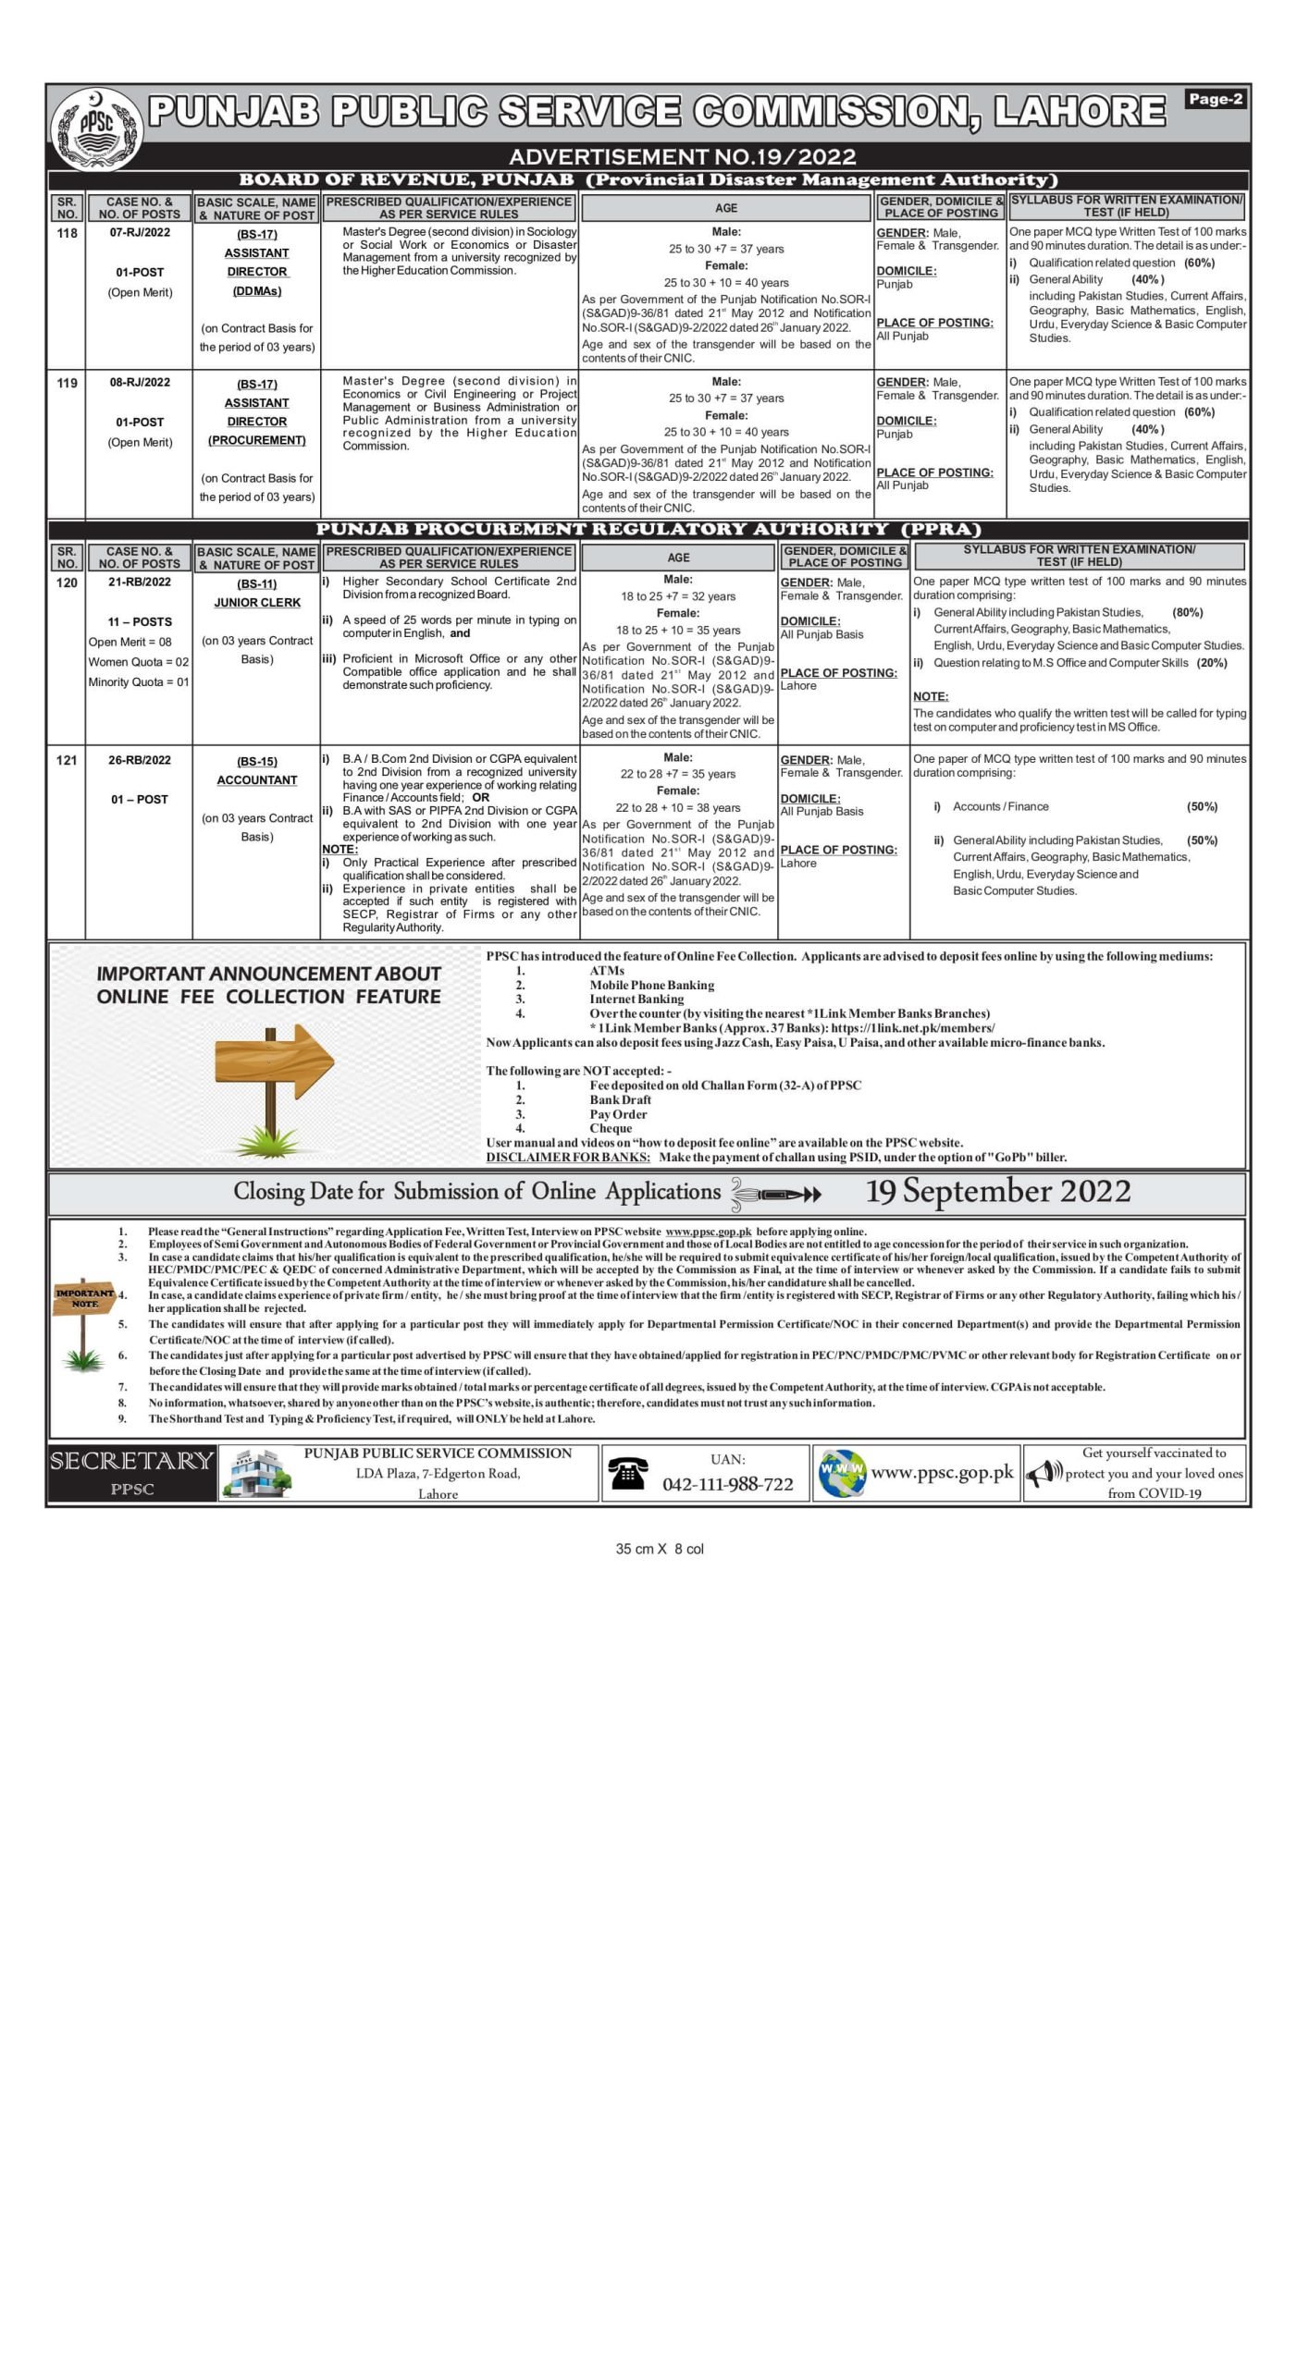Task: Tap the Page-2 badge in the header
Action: (1215, 99)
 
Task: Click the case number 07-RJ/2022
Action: (140, 232)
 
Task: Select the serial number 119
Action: (67, 383)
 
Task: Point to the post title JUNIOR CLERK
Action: (256, 602)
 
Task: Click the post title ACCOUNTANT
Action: (256, 779)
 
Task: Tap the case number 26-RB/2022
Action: (140, 760)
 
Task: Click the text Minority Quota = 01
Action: (139, 682)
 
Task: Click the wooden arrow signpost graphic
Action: (272, 1073)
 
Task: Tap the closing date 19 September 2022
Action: (997, 1191)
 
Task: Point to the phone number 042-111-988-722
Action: (727, 1484)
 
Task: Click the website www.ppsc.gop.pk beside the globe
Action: (942, 1473)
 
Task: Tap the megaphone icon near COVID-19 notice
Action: (1044, 1473)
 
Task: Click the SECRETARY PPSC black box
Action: (131, 1473)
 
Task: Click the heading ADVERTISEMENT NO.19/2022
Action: (682, 156)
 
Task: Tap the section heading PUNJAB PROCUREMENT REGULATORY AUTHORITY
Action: (648, 529)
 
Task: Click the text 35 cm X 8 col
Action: (659, 1549)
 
